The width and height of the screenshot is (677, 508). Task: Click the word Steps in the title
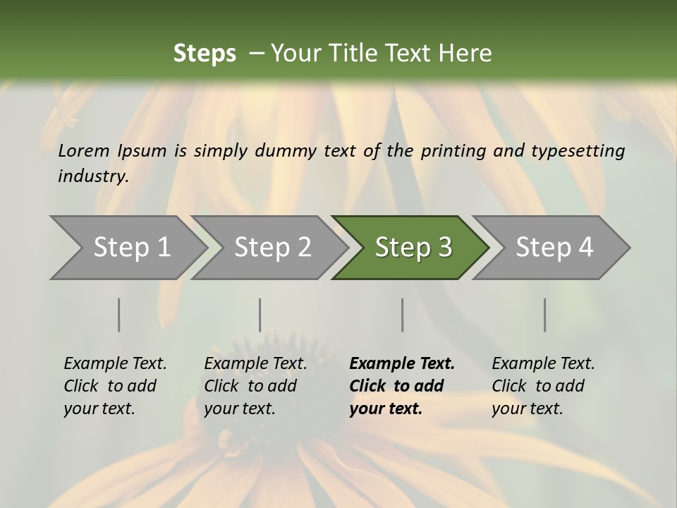click(205, 54)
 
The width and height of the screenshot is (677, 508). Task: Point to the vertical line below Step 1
click(119, 315)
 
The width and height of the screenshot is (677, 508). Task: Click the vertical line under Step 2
click(260, 315)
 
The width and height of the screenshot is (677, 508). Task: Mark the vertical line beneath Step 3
click(403, 315)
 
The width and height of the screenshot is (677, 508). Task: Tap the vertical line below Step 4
click(545, 315)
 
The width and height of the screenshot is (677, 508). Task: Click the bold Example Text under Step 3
click(402, 386)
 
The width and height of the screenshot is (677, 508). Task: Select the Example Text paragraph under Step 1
click(115, 386)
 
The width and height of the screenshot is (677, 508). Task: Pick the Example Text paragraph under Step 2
click(255, 386)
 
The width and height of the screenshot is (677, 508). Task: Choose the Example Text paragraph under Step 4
click(543, 386)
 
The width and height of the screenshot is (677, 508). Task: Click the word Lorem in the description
click(84, 150)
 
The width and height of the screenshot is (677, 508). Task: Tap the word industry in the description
click(92, 176)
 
